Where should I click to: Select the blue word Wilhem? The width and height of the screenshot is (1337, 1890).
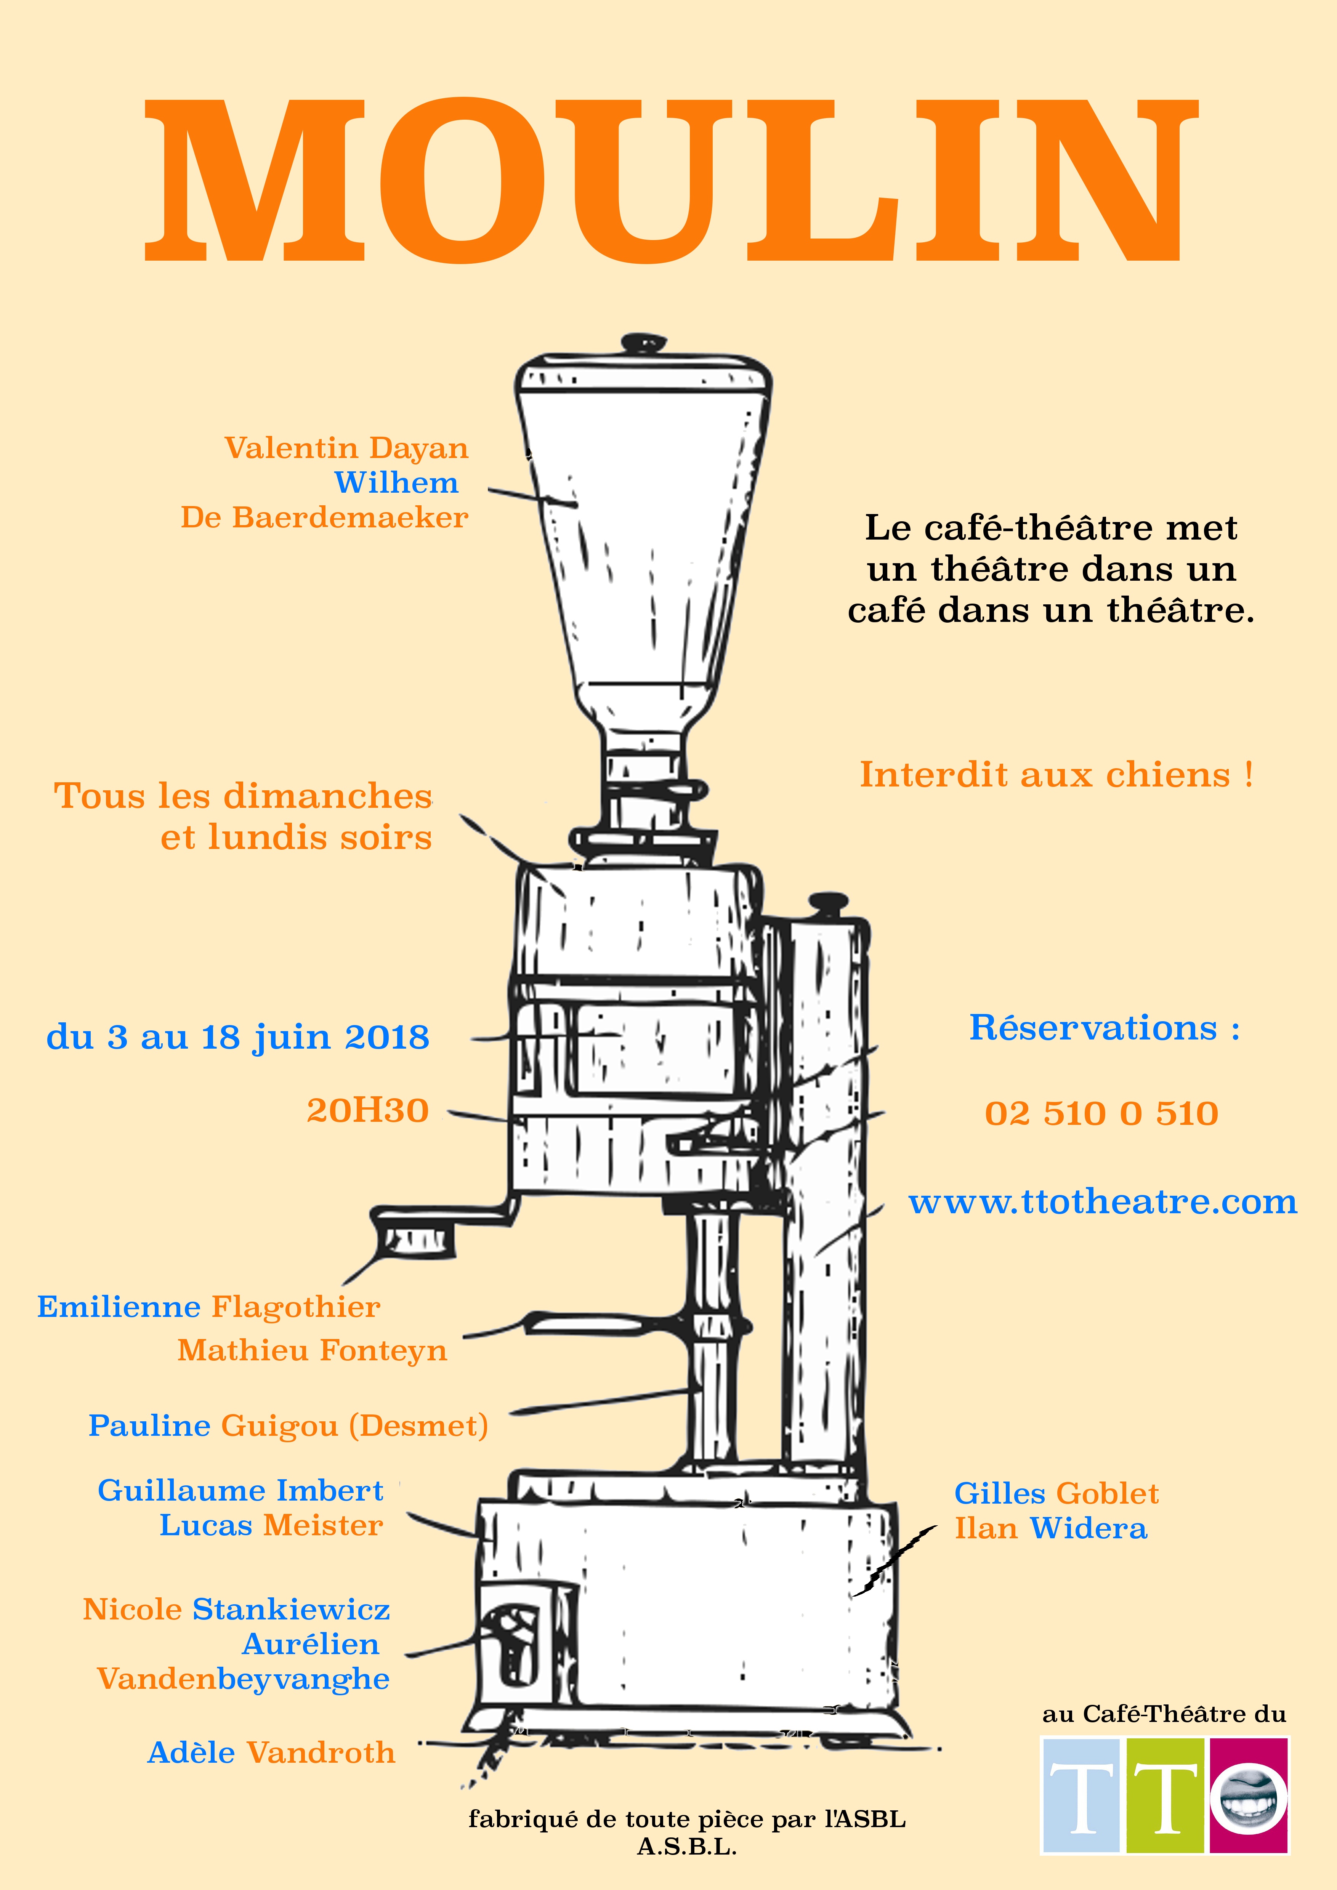396,483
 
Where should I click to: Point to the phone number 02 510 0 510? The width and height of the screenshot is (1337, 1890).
1101,1114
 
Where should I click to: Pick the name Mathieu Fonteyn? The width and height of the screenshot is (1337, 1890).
312,1351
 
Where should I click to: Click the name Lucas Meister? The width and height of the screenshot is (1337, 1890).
271,1525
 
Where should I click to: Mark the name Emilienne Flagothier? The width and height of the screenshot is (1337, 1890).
208,1307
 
